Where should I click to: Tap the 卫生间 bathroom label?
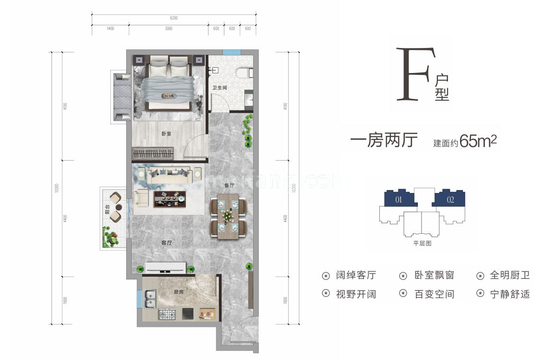(x=219, y=88)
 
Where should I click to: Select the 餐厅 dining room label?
(x=229, y=185)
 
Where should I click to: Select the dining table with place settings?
(x=228, y=215)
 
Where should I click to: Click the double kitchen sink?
(x=150, y=299)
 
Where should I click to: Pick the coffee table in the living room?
(x=169, y=199)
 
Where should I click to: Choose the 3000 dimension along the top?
(x=168, y=29)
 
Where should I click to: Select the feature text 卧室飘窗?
(x=434, y=276)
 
